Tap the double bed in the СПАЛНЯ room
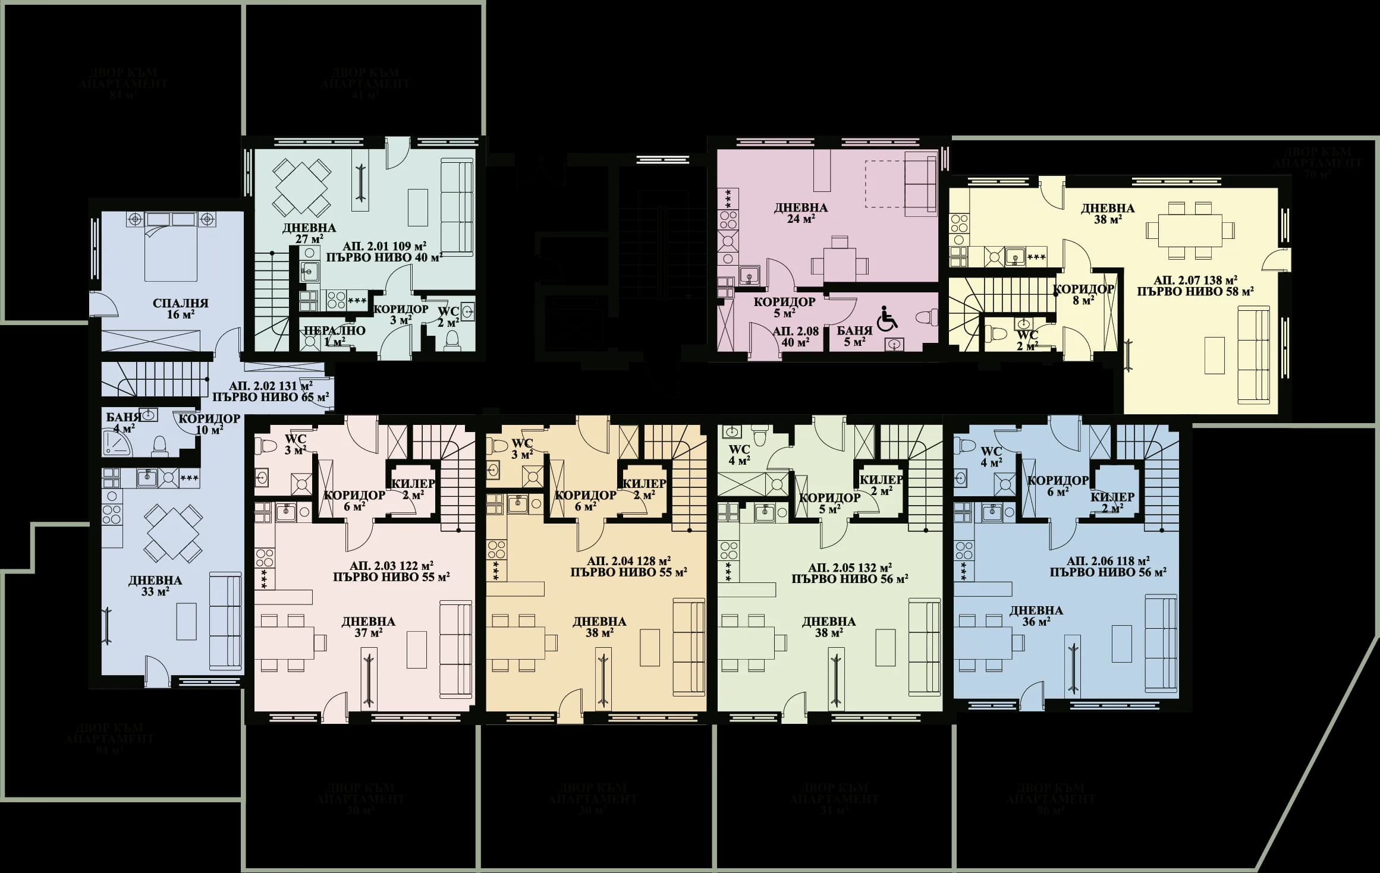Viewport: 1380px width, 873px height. click(x=171, y=253)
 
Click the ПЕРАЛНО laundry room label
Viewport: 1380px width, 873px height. click(x=335, y=336)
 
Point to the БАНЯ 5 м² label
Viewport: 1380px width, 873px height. click(x=854, y=336)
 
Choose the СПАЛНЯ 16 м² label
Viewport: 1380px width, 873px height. click(x=180, y=308)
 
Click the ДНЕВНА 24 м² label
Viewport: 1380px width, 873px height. click(x=801, y=212)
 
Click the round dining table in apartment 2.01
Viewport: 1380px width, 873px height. click(x=301, y=188)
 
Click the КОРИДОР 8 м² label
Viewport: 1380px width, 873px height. click(x=1083, y=295)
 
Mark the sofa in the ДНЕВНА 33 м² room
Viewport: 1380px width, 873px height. click(x=226, y=621)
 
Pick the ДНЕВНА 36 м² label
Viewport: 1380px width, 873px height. click(x=1036, y=616)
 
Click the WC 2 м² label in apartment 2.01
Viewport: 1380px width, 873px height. click(x=448, y=317)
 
